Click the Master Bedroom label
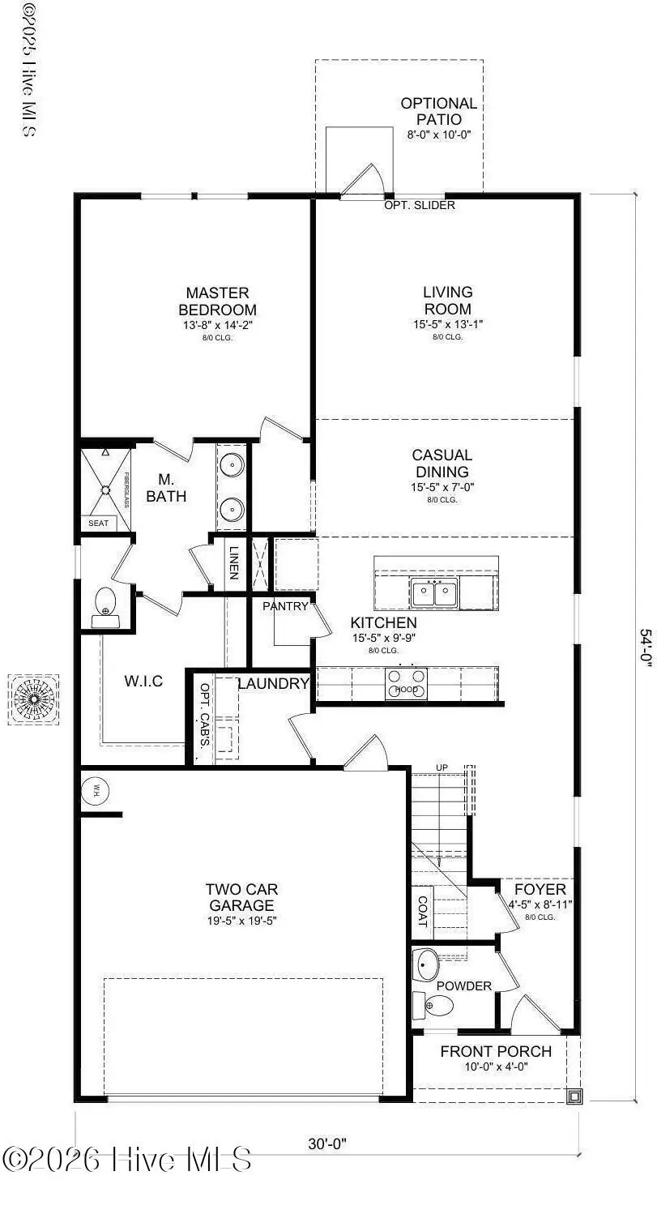coord(217,301)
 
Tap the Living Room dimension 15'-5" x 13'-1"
coord(447,324)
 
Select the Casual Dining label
coord(442,464)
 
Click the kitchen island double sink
coord(434,593)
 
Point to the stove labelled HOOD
coord(406,682)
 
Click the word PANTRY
coord(285,606)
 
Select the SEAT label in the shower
coord(98,524)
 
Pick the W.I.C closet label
coord(143,682)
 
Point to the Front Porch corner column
coord(574,1096)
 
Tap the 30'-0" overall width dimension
coord(327,1143)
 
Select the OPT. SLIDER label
coord(420,205)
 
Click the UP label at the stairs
coord(442,767)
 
